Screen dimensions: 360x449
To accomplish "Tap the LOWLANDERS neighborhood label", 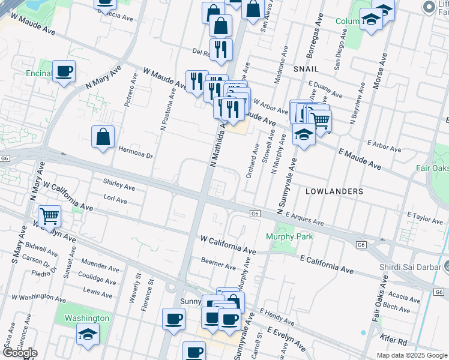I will click(334, 191).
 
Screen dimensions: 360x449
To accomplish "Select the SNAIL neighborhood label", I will click(306, 70).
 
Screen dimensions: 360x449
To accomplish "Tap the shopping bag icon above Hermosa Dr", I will click(103, 136).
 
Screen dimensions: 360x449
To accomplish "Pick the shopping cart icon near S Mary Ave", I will click(49, 215).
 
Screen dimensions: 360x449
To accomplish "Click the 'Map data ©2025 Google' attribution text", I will click(412, 355).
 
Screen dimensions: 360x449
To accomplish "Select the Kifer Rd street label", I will click(393, 341).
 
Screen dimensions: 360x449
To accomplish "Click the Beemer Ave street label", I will click(218, 265).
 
